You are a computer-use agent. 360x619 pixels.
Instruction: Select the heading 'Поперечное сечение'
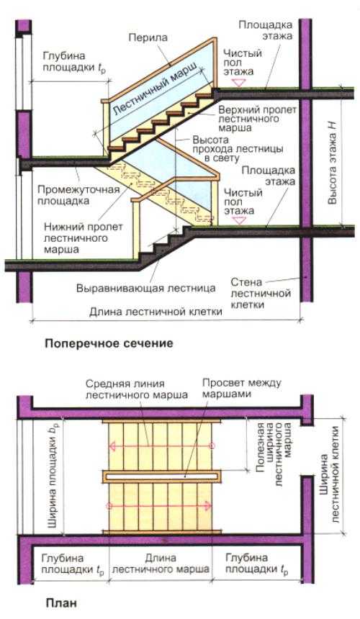pos(109,343)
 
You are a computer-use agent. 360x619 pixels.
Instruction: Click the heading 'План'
pos(61,603)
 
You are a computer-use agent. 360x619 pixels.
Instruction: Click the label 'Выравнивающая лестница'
pos(146,288)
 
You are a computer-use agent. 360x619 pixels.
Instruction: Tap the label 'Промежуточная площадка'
pos(78,195)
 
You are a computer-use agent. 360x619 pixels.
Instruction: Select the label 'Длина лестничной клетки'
pos(156,312)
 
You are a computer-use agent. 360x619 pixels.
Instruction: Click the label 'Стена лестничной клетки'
pos(261,294)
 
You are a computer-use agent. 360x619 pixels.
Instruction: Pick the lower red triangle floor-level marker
pos(238,221)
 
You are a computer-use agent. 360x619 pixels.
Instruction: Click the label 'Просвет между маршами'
pos(242,388)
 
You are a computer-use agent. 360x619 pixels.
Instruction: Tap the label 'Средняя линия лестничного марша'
pos(137,389)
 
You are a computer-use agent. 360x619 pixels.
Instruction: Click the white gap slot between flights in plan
pos(161,476)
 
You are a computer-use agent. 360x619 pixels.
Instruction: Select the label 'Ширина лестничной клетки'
pos(329,480)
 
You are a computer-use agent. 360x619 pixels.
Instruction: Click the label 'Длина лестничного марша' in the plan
pos(161,564)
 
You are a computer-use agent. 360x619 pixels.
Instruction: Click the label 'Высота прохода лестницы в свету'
pos(238,149)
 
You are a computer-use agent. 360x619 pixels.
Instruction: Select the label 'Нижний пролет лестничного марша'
pos(83,238)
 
